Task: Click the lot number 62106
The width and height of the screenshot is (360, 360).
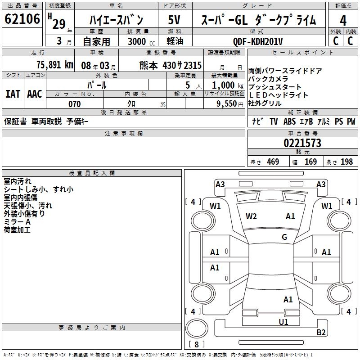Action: (x=22, y=19)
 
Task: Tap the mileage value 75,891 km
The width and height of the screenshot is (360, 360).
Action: (x=54, y=64)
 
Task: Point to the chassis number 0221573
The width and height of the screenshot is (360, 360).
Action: (x=302, y=143)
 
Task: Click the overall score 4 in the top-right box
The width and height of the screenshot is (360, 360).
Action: (x=343, y=20)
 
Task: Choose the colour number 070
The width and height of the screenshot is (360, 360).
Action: (x=74, y=104)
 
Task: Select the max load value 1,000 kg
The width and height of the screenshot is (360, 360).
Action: (x=224, y=85)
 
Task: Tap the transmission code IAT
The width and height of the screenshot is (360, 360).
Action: (x=13, y=94)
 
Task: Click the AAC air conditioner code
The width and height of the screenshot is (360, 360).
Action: (x=34, y=94)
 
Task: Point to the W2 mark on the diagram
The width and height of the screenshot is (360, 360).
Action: (x=251, y=216)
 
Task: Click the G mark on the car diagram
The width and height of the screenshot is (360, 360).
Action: (x=284, y=237)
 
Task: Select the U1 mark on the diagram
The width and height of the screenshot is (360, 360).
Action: (x=283, y=322)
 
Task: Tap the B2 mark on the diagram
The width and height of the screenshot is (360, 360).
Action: (x=321, y=333)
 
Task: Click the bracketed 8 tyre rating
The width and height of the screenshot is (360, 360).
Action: (x=196, y=345)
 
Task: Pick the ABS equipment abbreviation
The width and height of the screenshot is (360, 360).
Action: (x=289, y=121)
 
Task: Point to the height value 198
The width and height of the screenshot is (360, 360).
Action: (x=347, y=162)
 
